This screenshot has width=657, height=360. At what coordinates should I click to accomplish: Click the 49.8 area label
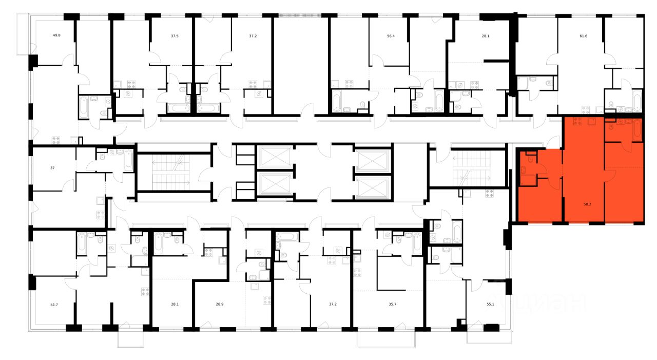[56, 36]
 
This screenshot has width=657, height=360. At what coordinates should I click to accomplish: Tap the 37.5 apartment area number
[175, 36]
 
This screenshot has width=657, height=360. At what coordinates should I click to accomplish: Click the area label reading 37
[52, 167]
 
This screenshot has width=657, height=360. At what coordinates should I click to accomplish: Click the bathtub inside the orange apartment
[637, 129]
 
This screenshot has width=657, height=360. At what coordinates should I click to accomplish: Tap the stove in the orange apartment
[577, 122]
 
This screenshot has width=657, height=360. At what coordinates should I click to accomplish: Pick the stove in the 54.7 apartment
[145, 292]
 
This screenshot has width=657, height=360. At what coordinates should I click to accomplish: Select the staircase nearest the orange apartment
[473, 168]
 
